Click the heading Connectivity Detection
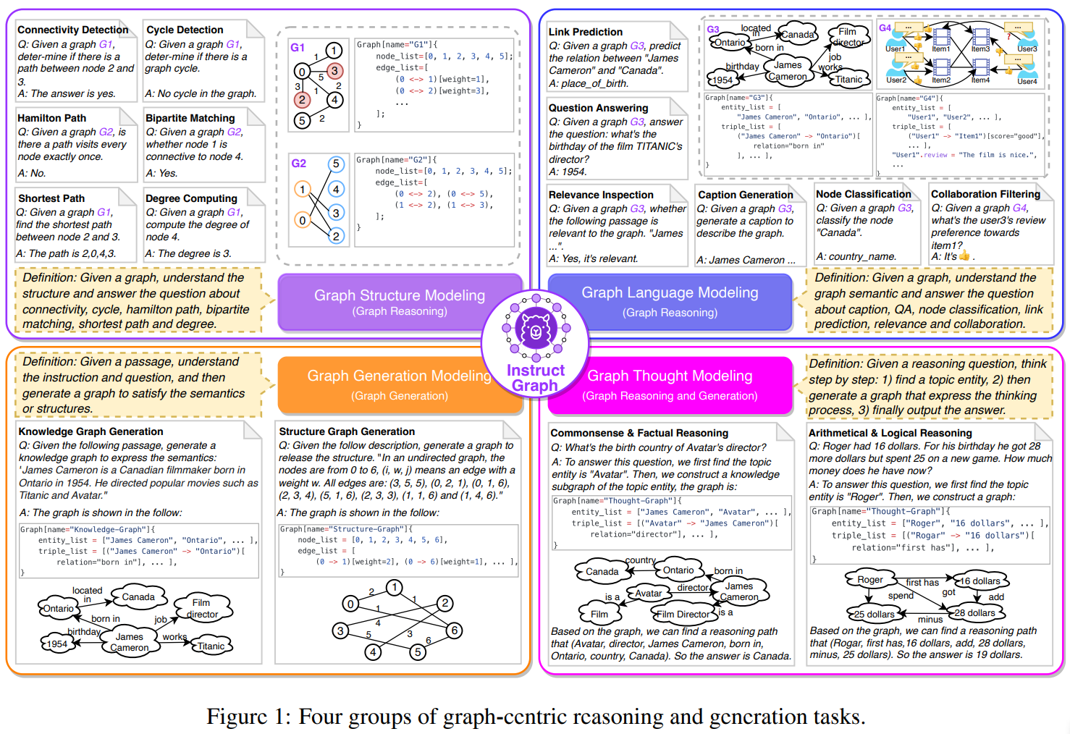coord(72,30)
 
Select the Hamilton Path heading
coord(51,118)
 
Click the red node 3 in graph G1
coord(334,71)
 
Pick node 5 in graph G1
coord(303,121)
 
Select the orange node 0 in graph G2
coord(303,220)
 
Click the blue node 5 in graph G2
coord(335,164)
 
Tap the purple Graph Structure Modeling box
coord(400,302)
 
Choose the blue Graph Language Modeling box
coord(670,300)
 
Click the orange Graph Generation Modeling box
coord(399,384)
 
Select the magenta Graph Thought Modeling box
coord(670,384)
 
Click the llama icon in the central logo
coord(536,329)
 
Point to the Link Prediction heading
coord(585,32)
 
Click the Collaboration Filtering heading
coord(985,194)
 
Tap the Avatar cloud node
coord(648,593)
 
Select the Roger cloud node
coord(869,580)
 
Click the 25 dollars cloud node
coord(874,614)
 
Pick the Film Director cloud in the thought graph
coord(683,614)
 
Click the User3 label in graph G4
coord(1027,49)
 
